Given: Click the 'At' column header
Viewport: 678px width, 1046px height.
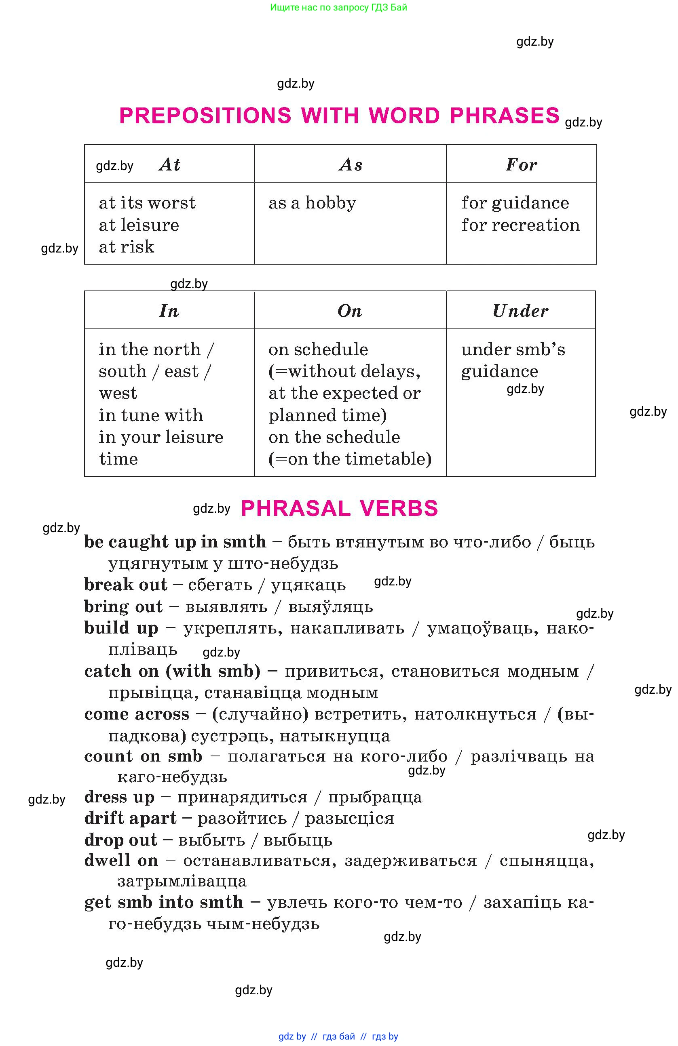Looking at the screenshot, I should (x=169, y=165).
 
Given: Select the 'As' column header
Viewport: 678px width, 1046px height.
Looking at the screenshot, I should (x=351, y=165).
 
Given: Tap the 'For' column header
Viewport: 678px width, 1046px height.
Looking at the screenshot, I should (x=521, y=165).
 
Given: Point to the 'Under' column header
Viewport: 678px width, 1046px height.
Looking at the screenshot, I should (x=520, y=311).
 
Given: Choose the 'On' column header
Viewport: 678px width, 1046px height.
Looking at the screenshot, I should (x=350, y=311).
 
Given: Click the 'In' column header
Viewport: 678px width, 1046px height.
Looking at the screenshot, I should (x=169, y=311).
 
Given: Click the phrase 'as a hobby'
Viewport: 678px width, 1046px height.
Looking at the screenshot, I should (x=312, y=203).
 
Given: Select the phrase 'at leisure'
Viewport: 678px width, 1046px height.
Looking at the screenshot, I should (x=139, y=225).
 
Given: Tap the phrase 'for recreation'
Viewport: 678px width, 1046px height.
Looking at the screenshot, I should (x=520, y=225).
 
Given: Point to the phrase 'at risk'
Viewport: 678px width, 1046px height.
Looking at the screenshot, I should (x=126, y=247).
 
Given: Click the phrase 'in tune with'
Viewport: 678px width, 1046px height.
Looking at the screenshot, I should (x=151, y=415).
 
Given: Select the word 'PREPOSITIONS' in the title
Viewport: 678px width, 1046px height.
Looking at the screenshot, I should (x=205, y=116).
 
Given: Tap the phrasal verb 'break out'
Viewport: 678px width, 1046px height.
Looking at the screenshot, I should (x=126, y=585).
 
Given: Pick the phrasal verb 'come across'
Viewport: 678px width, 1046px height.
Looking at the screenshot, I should (x=137, y=714).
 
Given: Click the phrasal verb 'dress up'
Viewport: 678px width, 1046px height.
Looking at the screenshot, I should (x=119, y=797).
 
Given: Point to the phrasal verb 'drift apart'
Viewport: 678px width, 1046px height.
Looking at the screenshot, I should (x=130, y=819).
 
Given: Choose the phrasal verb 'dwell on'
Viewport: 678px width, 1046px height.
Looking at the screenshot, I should (x=121, y=861).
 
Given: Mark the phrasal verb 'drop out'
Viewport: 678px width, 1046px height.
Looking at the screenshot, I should (x=120, y=840).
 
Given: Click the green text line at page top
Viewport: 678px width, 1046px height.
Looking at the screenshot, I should (x=338, y=7).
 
